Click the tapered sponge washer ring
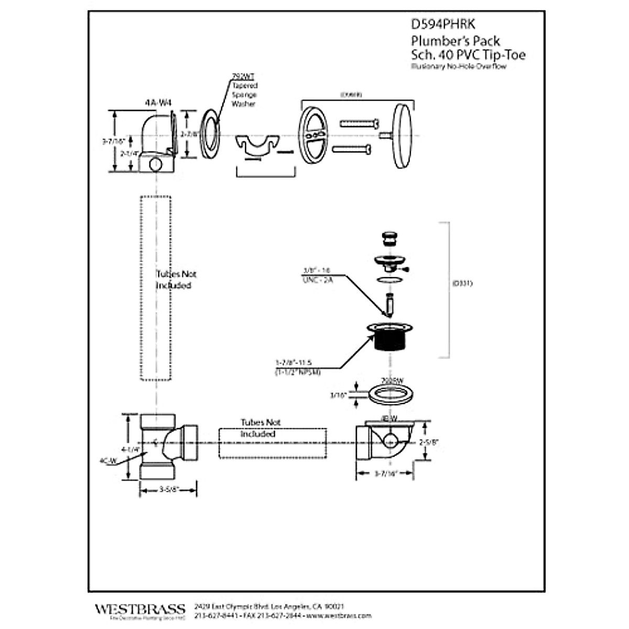pos(212,134)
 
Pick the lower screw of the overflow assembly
pos(352,149)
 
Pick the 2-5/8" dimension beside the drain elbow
pos(429,442)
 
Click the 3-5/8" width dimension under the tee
pos(169,490)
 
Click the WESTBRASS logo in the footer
pos(140,609)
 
